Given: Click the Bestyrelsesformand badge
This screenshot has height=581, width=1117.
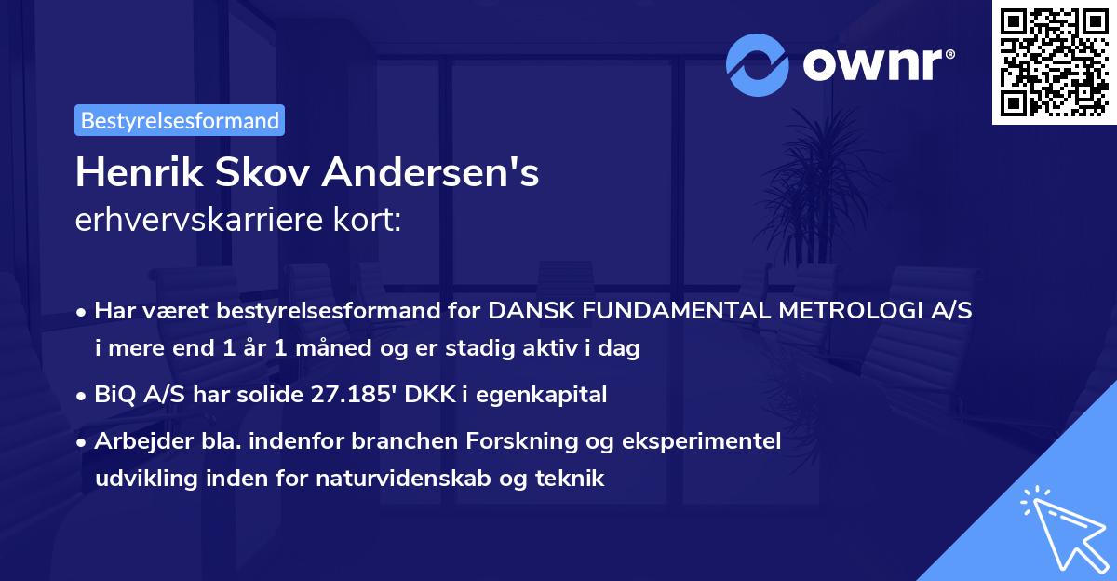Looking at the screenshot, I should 180,120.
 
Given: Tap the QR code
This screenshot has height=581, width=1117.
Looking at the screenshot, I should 1053,61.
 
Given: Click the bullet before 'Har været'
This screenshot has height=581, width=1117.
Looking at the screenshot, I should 84,312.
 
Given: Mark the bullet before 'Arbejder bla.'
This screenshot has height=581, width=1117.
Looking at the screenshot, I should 84,442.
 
